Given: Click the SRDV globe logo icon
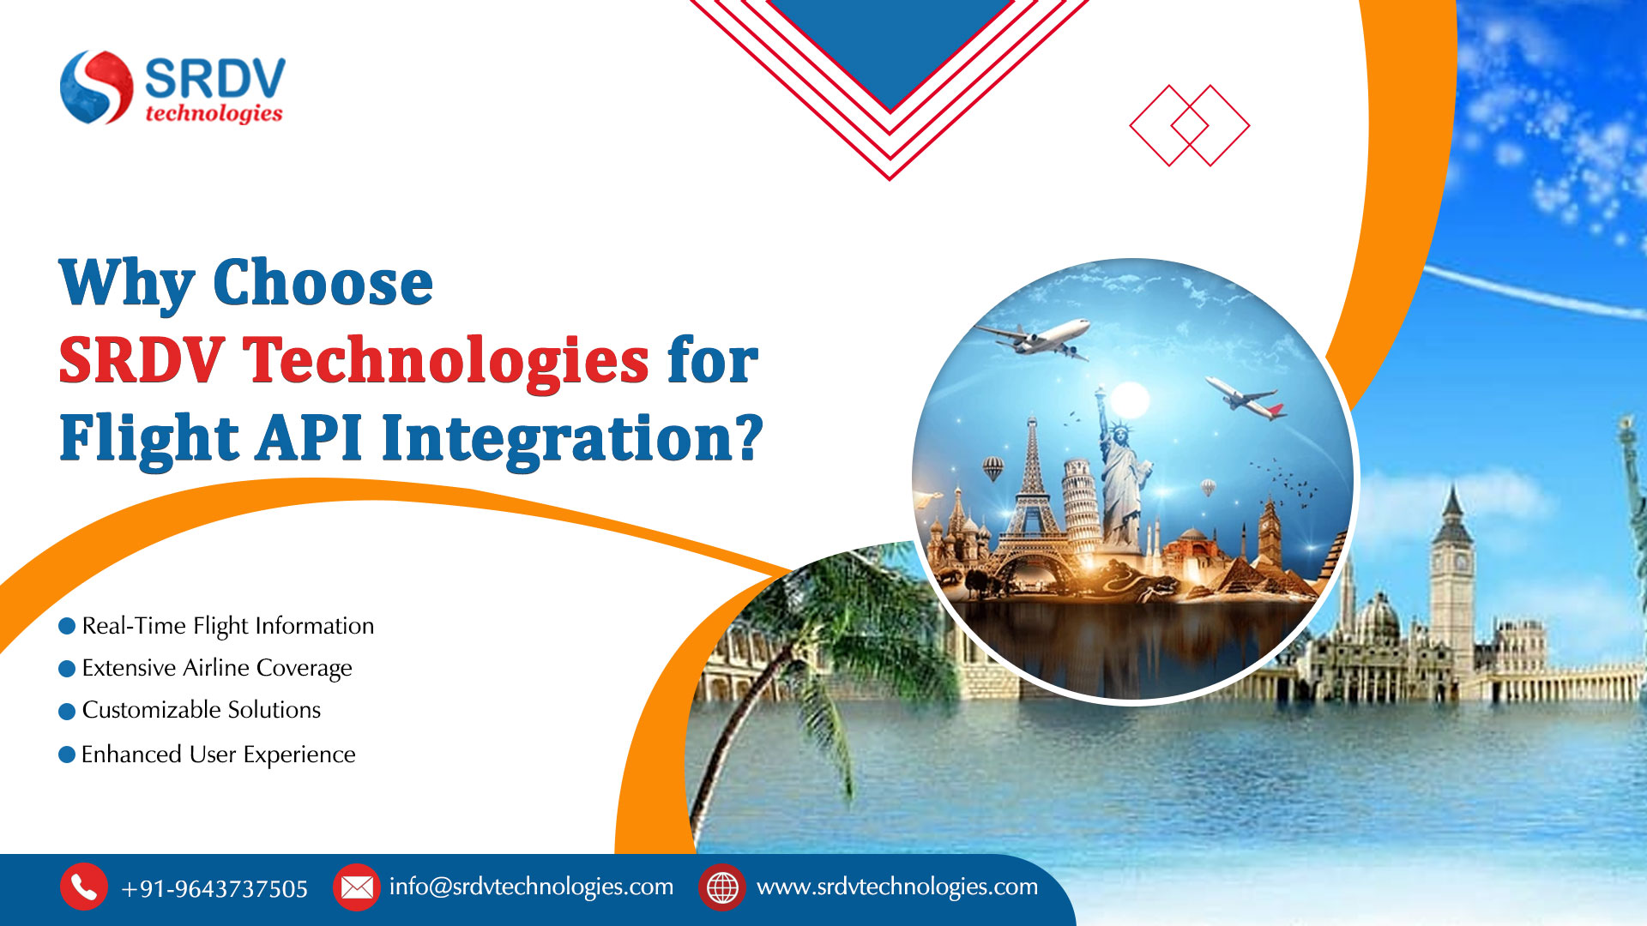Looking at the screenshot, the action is pyautogui.click(x=97, y=87).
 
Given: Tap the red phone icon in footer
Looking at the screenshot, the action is pyautogui.click(x=83, y=887).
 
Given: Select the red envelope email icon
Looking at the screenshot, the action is pyautogui.click(x=356, y=887).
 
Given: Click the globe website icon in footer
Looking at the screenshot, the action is pyautogui.click(x=722, y=887).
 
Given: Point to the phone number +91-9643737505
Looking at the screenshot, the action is pyautogui.click(x=214, y=888).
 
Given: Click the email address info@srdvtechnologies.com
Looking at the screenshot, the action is pyautogui.click(x=531, y=887).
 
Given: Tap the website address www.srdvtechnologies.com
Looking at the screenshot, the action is pyautogui.click(x=897, y=887).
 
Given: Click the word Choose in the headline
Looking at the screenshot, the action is pyautogui.click(x=323, y=283).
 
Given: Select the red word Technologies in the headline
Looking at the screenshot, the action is pyautogui.click(x=446, y=360).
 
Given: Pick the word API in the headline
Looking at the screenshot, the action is pyautogui.click(x=310, y=437).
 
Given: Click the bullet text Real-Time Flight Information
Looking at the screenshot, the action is pyautogui.click(x=228, y=626).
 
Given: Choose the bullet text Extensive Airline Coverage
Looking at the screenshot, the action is pyautogui.click(x=217, y=668).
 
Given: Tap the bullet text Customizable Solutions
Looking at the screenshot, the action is pyautogui.click(x=202, y=710).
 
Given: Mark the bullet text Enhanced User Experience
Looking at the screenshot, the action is pyautogui.click(x=219, y=755).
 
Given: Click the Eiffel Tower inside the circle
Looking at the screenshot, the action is pyautogui.click(x=1032, y=497).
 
